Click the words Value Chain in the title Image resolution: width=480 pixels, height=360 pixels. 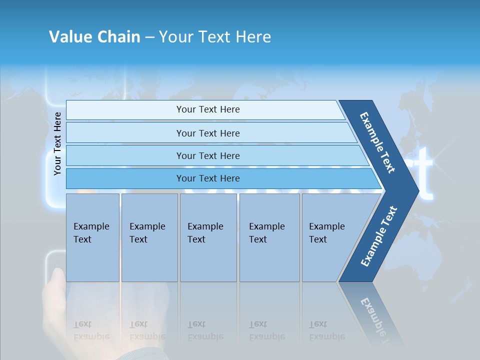(x=94, y=37)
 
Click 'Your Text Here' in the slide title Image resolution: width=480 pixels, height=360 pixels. (x=215, y=37)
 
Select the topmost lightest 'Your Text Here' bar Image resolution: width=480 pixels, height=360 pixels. (x=208, y=109)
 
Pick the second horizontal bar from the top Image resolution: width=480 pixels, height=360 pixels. (x=208, y=133)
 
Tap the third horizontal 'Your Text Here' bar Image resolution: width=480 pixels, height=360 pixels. (x=208, y=155)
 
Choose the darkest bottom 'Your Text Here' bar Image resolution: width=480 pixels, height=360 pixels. (x=208, y=178)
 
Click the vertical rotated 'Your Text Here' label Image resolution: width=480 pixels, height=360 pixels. (x=57, y=143)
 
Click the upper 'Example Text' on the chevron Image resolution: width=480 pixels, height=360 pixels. (x=377, y=142)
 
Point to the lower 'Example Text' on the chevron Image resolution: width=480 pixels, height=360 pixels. (x=379, y=236)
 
